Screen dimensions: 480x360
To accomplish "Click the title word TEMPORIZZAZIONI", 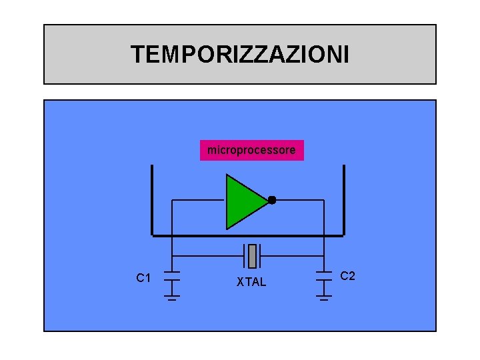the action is (239, 55).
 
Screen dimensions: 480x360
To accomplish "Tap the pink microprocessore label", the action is (251, 150).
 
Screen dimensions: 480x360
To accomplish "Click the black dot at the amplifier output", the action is (272, 200).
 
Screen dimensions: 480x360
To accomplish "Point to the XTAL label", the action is (251, 283).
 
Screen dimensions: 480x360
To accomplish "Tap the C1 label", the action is (143, 278).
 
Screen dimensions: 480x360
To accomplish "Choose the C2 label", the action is (348, 276).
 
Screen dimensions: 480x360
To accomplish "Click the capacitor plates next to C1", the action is (172, 275).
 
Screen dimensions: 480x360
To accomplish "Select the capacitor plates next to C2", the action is (324, 275).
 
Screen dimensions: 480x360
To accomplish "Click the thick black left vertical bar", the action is (152, 200).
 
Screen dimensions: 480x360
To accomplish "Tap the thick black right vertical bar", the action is (343, 200).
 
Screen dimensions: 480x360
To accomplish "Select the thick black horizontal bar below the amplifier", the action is (247, 235).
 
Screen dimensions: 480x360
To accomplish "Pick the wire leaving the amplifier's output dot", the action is (300, 200).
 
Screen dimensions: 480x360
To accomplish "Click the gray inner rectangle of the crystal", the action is (252, 255).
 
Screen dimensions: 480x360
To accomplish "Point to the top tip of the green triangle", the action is (227, 175).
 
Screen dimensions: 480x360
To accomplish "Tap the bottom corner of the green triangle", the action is (227, 227).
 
